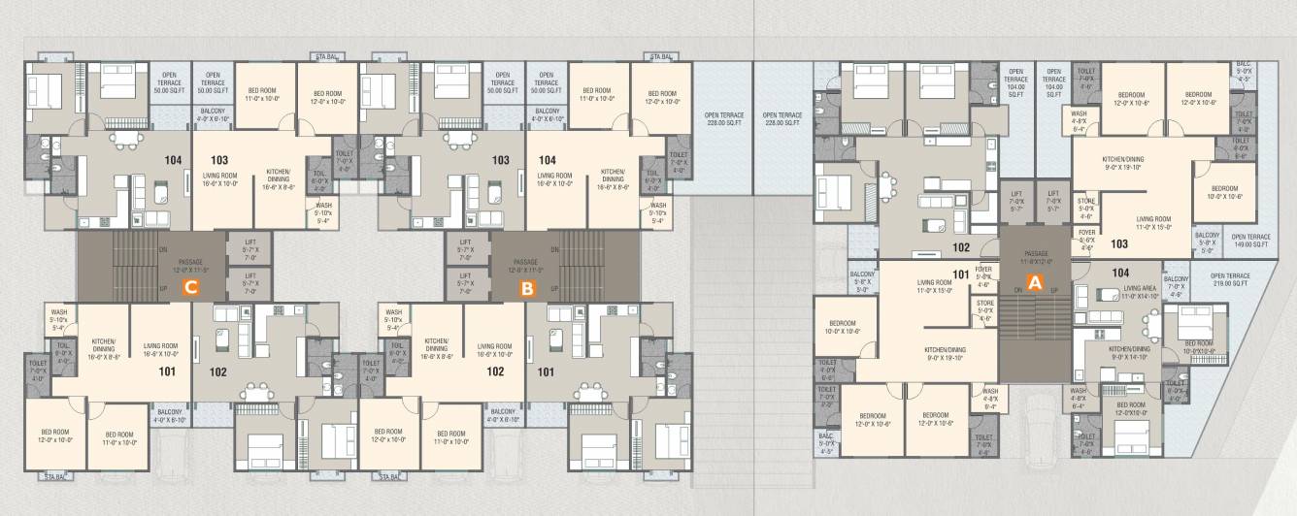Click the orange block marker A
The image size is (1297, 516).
(x=1035, y=283)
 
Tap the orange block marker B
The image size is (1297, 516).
(x=527, y=287)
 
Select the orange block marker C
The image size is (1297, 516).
(x=191, y=287)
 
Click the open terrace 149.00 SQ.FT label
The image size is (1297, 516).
(x=1250, y=240)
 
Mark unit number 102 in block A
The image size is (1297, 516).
(x=961, y=247)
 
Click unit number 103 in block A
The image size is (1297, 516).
(x=1119, y=244)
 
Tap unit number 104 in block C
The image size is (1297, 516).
(x=174, y=159)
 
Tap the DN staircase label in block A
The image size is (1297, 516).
(x=1018, y=290)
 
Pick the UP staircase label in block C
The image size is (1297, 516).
(x=162, y=288)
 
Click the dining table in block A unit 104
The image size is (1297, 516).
(x=1148, y=321)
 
